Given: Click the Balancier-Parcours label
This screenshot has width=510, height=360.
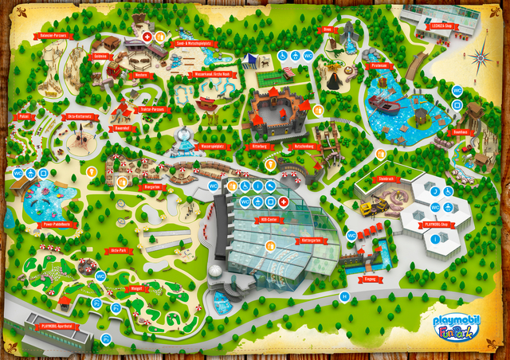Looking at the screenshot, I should (x=55, y=36).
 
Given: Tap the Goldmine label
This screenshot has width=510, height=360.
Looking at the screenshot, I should (x=100, y=57).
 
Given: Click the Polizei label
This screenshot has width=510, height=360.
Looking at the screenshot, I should (x=24, y=116).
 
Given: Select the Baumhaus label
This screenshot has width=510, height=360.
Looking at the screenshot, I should (x=460, y=132).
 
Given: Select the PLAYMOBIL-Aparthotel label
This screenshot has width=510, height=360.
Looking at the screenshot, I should (x=57, y=326).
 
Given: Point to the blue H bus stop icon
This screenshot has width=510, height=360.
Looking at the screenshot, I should (x=344, y=295).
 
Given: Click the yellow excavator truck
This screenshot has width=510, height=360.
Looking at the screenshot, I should (x=369, y=209).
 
